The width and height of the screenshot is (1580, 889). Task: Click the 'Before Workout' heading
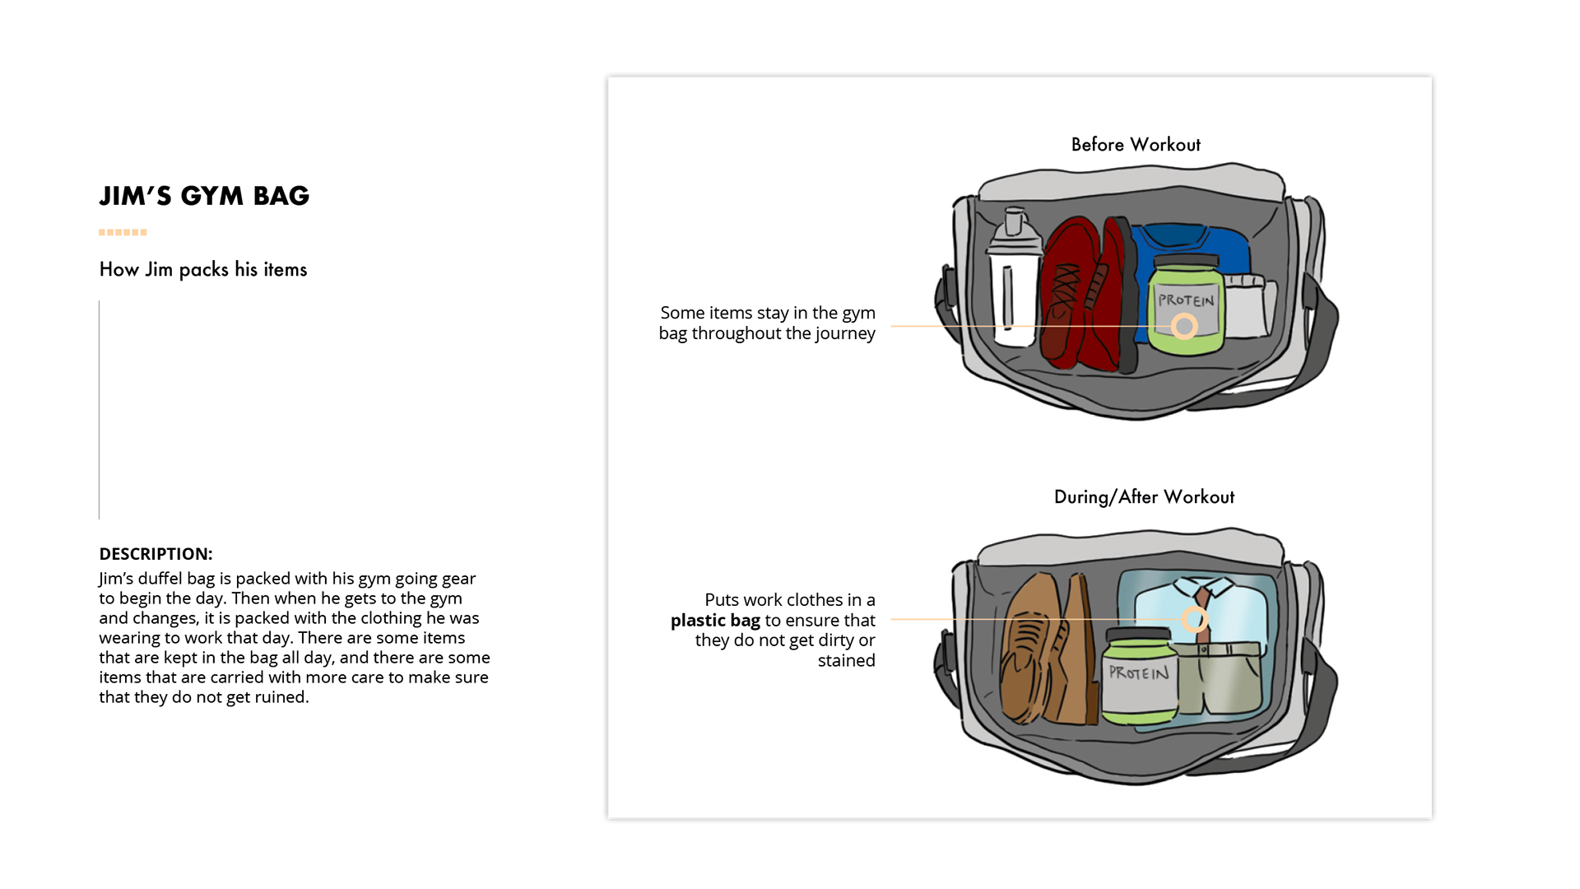pyautogui.click(x=1136, y=145)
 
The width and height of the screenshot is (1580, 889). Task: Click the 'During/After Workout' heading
pyautogui.click(x=1144, y=497)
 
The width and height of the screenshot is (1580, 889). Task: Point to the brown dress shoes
pyautogui.click(x=1045, y=650)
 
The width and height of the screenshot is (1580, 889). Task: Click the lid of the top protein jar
pyautogui.click(x=1185, y=263)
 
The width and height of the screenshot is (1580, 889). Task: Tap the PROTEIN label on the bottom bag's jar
pyautogui.click(x=1138, y=673)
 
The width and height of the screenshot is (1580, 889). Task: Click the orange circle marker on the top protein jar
pyautogui.click(x=1184, y=327)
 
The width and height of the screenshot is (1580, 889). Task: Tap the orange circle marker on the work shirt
pyautogui.click(x=1195, y=619)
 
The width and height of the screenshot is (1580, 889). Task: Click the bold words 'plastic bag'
pyautogui.click(x=715, y=621)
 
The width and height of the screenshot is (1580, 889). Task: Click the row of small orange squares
pyautogui.click(x=123, y=233)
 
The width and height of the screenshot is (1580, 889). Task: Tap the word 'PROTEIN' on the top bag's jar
pyautogui.click(x=1186, y=300)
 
